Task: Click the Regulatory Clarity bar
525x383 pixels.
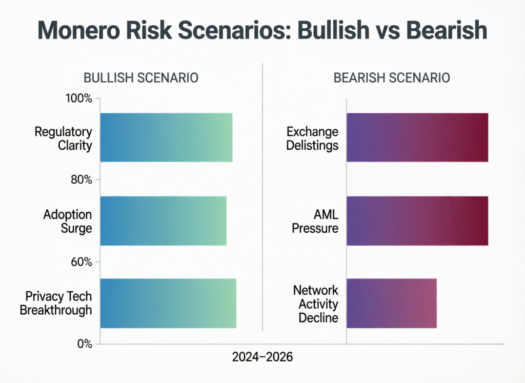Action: click(166, 137)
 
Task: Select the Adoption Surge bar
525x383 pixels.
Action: click(163, 220)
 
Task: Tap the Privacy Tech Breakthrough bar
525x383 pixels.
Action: click(168, 303)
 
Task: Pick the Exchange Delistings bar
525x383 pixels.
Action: click(417, 137)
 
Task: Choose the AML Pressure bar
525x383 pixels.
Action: click(417, 220)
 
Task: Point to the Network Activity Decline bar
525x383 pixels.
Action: click(391, 303)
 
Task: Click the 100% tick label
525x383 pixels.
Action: click(78, 98)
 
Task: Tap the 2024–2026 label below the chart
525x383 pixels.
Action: click(262, 357)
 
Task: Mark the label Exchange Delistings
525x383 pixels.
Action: click(312, 138)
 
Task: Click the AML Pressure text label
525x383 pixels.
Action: click(315, 221)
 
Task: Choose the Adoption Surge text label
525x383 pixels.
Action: click(68, 221)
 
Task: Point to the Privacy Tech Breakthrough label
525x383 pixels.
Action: click(58, 303)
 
